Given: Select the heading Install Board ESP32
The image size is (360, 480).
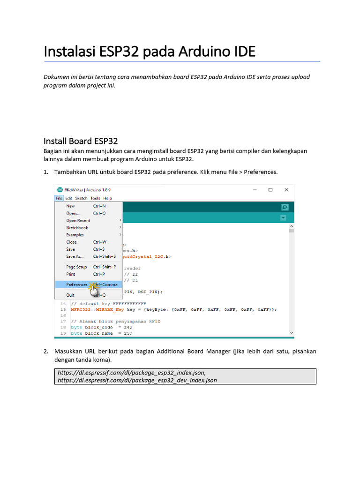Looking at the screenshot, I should pyautogui.click(x=81, y=141).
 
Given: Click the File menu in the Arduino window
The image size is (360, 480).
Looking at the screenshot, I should pyautogui.click(x=59, y=198).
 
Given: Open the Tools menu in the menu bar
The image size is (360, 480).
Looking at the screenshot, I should pyautogui.click(x=95, y=198).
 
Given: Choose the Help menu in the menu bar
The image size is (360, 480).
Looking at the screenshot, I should pyautogui.click(x=108, y=198).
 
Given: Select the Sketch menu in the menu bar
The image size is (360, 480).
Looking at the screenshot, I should pyautogui.click(x=81, y=198).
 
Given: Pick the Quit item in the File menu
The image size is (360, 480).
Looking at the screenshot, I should pyautogui.click(x=70, y=295).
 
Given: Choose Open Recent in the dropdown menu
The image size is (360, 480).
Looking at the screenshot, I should pyautogui.click(x=78, y=220).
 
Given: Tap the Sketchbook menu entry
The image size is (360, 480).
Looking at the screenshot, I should pyautogui.click(x=77, y=228).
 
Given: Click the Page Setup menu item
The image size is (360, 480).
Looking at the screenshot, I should pyautogui.click(x=76, y=267).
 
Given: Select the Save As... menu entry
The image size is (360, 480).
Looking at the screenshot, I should pyautogui.click(x=75, y=256).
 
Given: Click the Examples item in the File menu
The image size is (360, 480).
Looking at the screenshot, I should pyautogui.click(x=75, y=235).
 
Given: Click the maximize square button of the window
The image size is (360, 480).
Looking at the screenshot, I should pyautogui.click(x=270, y=190).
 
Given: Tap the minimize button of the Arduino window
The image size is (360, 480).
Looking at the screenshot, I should pyautogui.click(x=255, y=190).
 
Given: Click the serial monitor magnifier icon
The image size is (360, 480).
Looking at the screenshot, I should pyautogui.click(x=284, y=207).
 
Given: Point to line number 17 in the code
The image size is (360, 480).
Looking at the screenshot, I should pyautogui.click(x=62, y=315).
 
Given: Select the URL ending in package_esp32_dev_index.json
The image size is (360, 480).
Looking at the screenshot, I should pyautogui.click(x=137, y=380).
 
